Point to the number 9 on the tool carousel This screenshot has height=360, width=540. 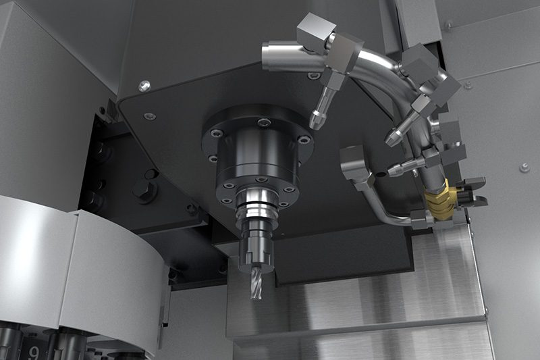click(34, 353)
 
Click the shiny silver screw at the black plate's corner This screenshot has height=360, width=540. click(144, 85)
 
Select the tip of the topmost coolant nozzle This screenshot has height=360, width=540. click(313, 123)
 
